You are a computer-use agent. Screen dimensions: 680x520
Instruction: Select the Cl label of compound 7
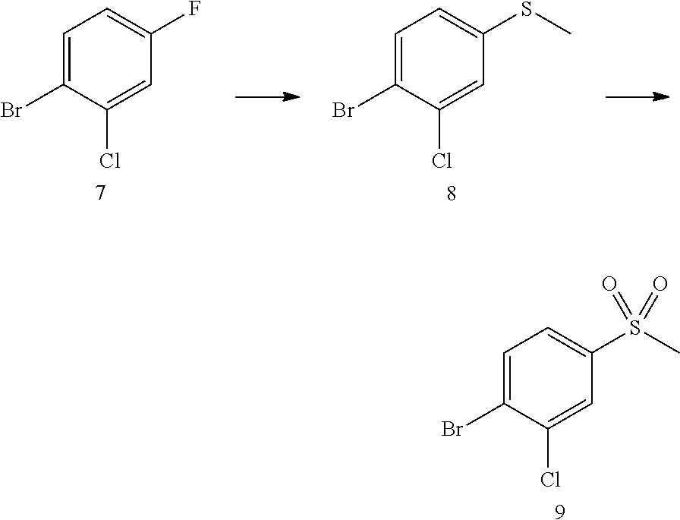click(x=109, y=161)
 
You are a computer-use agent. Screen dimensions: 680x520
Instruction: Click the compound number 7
click(x=100, y=194)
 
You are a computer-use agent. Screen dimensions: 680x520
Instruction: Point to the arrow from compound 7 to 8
click(x=267, y=96)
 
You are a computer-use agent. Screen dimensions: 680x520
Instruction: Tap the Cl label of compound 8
click(x=442, y=161)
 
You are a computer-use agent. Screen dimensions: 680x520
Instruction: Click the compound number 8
click(x=451, y=194)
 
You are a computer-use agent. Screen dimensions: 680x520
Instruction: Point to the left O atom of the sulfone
click(x=608, y=285)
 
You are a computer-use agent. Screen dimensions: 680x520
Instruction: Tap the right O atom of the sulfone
click(x=660, y=285)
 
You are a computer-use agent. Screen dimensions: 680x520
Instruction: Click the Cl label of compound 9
click(x=549, y=480)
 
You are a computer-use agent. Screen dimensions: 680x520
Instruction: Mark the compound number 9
click(x=559, y=513)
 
